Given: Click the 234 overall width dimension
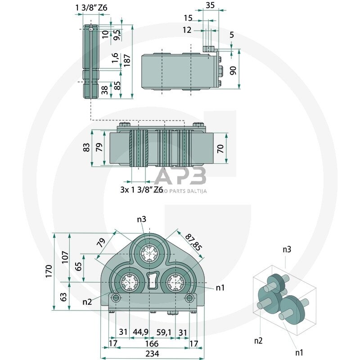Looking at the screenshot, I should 153,354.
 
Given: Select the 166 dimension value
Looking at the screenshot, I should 153,343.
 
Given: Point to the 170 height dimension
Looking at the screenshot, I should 49,271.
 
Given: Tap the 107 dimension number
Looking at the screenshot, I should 65,256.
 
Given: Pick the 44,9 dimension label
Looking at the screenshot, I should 141,332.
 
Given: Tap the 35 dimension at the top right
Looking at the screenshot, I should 210,5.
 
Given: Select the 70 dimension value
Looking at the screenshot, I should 220,148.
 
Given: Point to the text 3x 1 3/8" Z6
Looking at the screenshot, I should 141,189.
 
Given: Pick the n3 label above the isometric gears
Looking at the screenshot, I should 287,249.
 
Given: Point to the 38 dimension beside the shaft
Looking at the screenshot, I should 105,90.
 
